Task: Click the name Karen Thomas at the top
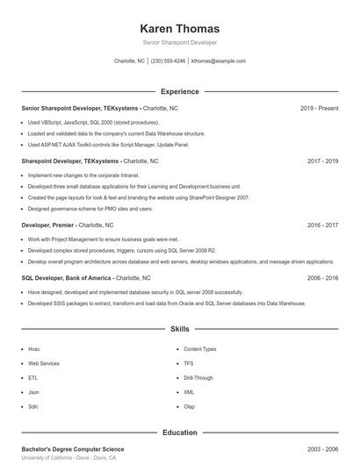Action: [x=180, y=28]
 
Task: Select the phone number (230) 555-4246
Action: [x=168, y=61]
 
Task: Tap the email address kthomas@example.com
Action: [x=219, y=61]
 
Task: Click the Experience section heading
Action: [x=180, y=91]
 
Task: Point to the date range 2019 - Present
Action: [x=319, y=108]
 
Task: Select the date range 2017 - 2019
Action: [x=322, y=161]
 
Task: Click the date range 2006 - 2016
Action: [x=322, y=277]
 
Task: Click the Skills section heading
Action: [x=180, y=329]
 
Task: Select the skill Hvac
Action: [x=34, y=348]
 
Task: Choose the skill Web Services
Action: [x=44, y=362]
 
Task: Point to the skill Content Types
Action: [x=200, y=348]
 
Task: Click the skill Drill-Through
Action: [x=198, y=377]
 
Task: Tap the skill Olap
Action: [x=190, y=406]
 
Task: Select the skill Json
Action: [x=33, y=392]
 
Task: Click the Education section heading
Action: [x=180, y=433]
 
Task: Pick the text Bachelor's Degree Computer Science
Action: [x=72, y=449]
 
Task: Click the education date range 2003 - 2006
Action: [x=322, y=449]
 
